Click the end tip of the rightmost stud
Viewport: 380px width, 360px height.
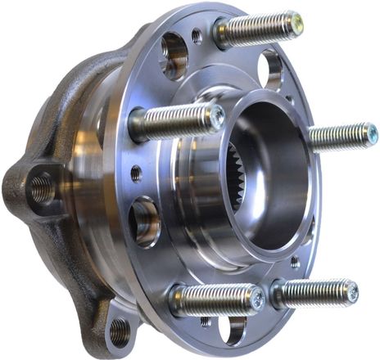point(371,133)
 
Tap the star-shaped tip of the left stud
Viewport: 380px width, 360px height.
point(216,119)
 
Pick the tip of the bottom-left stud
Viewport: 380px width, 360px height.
point(257,299)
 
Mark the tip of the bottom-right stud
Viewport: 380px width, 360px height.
point(351,292)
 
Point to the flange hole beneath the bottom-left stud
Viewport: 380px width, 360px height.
point(233,330)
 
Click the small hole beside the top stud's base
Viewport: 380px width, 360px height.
point(197,36)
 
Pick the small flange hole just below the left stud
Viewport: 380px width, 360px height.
point(136,173)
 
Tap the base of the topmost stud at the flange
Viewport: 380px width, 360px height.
point(223,34)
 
